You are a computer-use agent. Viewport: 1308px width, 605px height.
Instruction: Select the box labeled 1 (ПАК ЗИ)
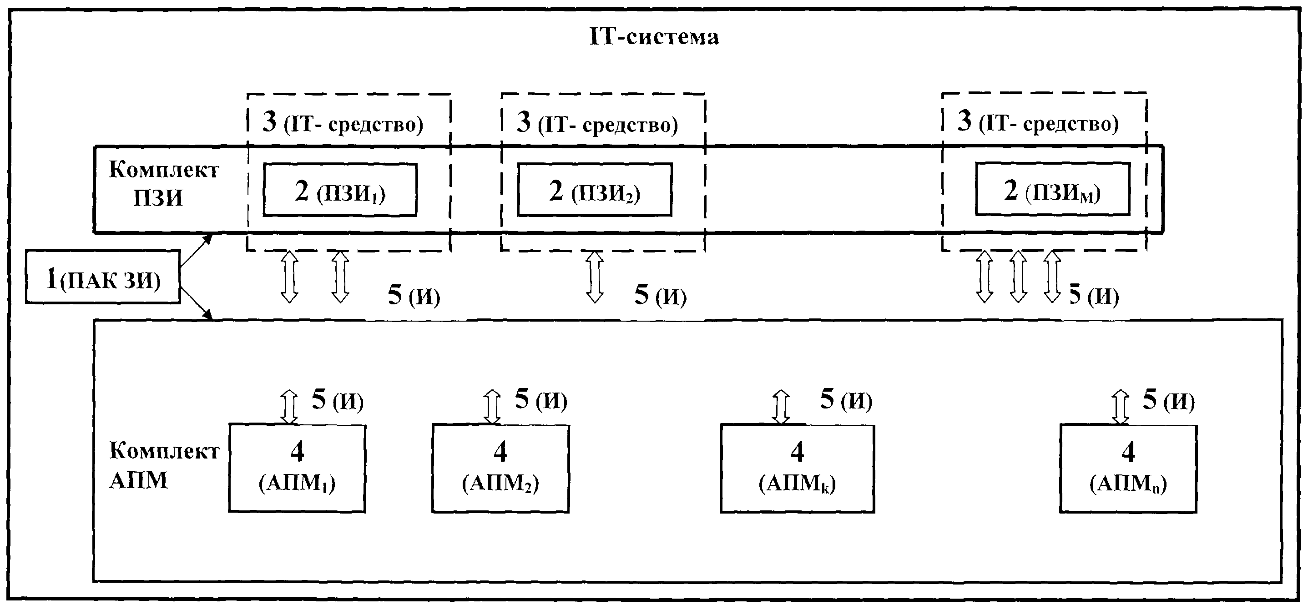click(x=103, y=277)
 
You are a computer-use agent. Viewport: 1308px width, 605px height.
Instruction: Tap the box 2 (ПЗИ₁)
click(x=340, y=190)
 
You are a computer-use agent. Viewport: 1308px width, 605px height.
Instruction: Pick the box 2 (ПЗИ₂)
click(x=594, y=190)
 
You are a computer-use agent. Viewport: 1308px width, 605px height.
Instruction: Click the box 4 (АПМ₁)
click(x=297, y=468)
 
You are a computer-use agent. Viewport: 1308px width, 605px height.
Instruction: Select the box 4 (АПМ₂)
click(x=500, y=468)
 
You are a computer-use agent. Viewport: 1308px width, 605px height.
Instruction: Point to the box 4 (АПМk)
click(x=797, y=468)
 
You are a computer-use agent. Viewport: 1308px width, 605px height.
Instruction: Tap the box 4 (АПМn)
click(x=1128, y=469)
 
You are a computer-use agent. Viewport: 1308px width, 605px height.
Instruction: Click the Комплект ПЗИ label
click(x=163, y=184)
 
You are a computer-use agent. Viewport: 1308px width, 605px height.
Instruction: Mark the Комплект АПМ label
click(x=163, y=465)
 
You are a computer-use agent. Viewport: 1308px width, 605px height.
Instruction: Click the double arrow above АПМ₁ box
click(x=289, y=407)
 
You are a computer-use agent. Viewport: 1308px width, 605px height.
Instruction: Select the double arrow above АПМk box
click(x=781, y=407)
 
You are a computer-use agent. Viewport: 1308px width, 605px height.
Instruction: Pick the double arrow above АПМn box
click(x=1120, y=407)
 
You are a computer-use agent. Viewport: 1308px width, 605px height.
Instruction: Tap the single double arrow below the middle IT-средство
click(x=595, y=277)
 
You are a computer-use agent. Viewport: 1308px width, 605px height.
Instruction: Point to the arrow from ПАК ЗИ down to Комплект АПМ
click(x=196, y=303)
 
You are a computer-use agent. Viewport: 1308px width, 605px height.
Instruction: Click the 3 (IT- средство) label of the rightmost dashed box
click(x=1038, y=122)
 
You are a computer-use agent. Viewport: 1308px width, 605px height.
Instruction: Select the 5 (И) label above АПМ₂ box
click(x=541, y=400)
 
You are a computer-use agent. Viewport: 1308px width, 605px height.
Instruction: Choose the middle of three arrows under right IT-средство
click(x=1018, y=277)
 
